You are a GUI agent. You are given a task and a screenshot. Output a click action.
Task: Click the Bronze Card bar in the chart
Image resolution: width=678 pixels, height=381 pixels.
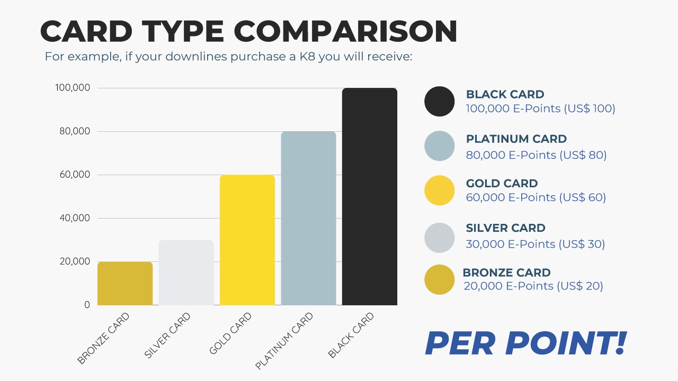tap(125, 283)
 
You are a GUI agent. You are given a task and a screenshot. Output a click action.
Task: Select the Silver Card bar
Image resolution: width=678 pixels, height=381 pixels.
tap(186, 273)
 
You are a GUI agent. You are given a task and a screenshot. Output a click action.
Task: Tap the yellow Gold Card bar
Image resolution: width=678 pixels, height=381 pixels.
tap(247, 240)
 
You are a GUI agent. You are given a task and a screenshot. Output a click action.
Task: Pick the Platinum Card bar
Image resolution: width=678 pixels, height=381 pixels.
tap(308, 218)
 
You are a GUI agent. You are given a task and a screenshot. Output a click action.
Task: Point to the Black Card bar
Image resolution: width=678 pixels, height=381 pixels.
tap(370, 196)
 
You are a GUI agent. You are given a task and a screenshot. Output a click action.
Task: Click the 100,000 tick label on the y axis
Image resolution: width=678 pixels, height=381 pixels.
tap(73, 88)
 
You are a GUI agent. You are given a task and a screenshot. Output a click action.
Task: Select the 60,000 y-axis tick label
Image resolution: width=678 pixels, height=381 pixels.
tap(75, 175)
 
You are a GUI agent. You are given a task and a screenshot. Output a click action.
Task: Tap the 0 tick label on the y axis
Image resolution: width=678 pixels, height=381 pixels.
tap(87, 305)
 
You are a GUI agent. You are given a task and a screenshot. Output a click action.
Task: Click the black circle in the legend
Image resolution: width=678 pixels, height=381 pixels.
tap(440, 101)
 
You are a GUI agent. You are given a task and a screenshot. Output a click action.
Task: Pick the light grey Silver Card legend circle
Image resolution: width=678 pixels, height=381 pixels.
tap(440, 238)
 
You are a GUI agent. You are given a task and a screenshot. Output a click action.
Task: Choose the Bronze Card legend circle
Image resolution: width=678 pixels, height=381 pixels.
tap(440, 280)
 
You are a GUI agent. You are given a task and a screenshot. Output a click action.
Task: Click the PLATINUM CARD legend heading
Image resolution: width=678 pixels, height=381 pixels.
tap(516, 139)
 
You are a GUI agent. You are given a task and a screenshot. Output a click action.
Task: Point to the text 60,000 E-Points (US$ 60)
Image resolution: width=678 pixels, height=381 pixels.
tap(536, 197)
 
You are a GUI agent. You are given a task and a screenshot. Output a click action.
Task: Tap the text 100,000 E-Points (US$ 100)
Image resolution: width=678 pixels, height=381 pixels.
tap(541, 108)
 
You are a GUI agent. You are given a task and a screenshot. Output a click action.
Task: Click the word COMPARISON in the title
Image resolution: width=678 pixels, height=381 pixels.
tap(345, 31)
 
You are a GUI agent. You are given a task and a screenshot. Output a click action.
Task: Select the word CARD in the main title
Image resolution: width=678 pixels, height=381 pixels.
tap(86, 31)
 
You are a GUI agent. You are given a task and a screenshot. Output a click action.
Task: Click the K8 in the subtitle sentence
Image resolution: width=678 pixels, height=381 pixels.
tap(308, 57)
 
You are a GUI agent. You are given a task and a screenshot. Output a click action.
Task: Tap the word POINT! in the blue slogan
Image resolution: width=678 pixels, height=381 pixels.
tap(565, 343)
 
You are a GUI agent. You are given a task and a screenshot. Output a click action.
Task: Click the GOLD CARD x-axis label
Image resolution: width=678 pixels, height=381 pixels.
tap(230, 333)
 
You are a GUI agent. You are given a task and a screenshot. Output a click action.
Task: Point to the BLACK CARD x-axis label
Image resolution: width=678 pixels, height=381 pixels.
tap(351, 335)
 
